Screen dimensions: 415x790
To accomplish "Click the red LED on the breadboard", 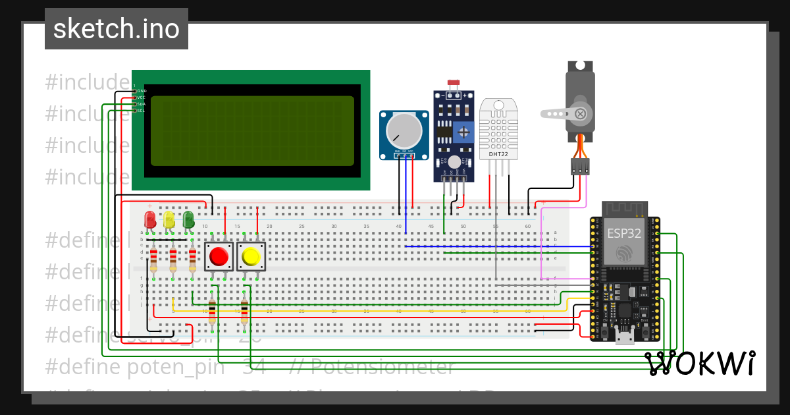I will pos(150,219).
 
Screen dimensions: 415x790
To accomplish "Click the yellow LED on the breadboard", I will pos(169,219).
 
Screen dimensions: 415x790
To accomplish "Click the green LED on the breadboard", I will pos(188,219).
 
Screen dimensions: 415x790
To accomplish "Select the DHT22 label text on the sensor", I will pos(498,155).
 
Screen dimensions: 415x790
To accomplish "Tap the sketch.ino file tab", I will pos(117,29).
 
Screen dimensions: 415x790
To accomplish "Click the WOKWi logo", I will pos(700,363).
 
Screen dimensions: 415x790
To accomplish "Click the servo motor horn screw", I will pos(580,113).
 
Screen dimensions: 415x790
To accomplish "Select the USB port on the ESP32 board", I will pos(623,338).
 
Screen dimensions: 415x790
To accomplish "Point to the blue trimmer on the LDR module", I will pos(466,132).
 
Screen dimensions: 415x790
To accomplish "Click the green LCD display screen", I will pos(250,130).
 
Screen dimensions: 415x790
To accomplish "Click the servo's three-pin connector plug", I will pos(580,166).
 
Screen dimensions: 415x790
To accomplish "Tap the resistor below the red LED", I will pos(153,260).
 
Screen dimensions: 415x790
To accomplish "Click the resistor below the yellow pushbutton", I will pos(244,312).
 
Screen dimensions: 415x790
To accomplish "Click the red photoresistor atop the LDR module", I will pos(453,84).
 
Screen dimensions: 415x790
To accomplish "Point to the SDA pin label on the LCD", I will pos(141,104).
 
